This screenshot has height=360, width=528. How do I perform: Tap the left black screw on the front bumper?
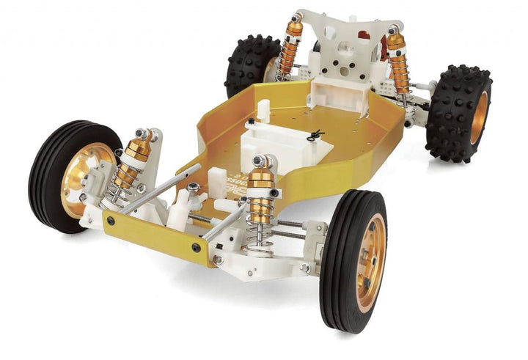111,220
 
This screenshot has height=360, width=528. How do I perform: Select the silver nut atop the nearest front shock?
260,161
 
